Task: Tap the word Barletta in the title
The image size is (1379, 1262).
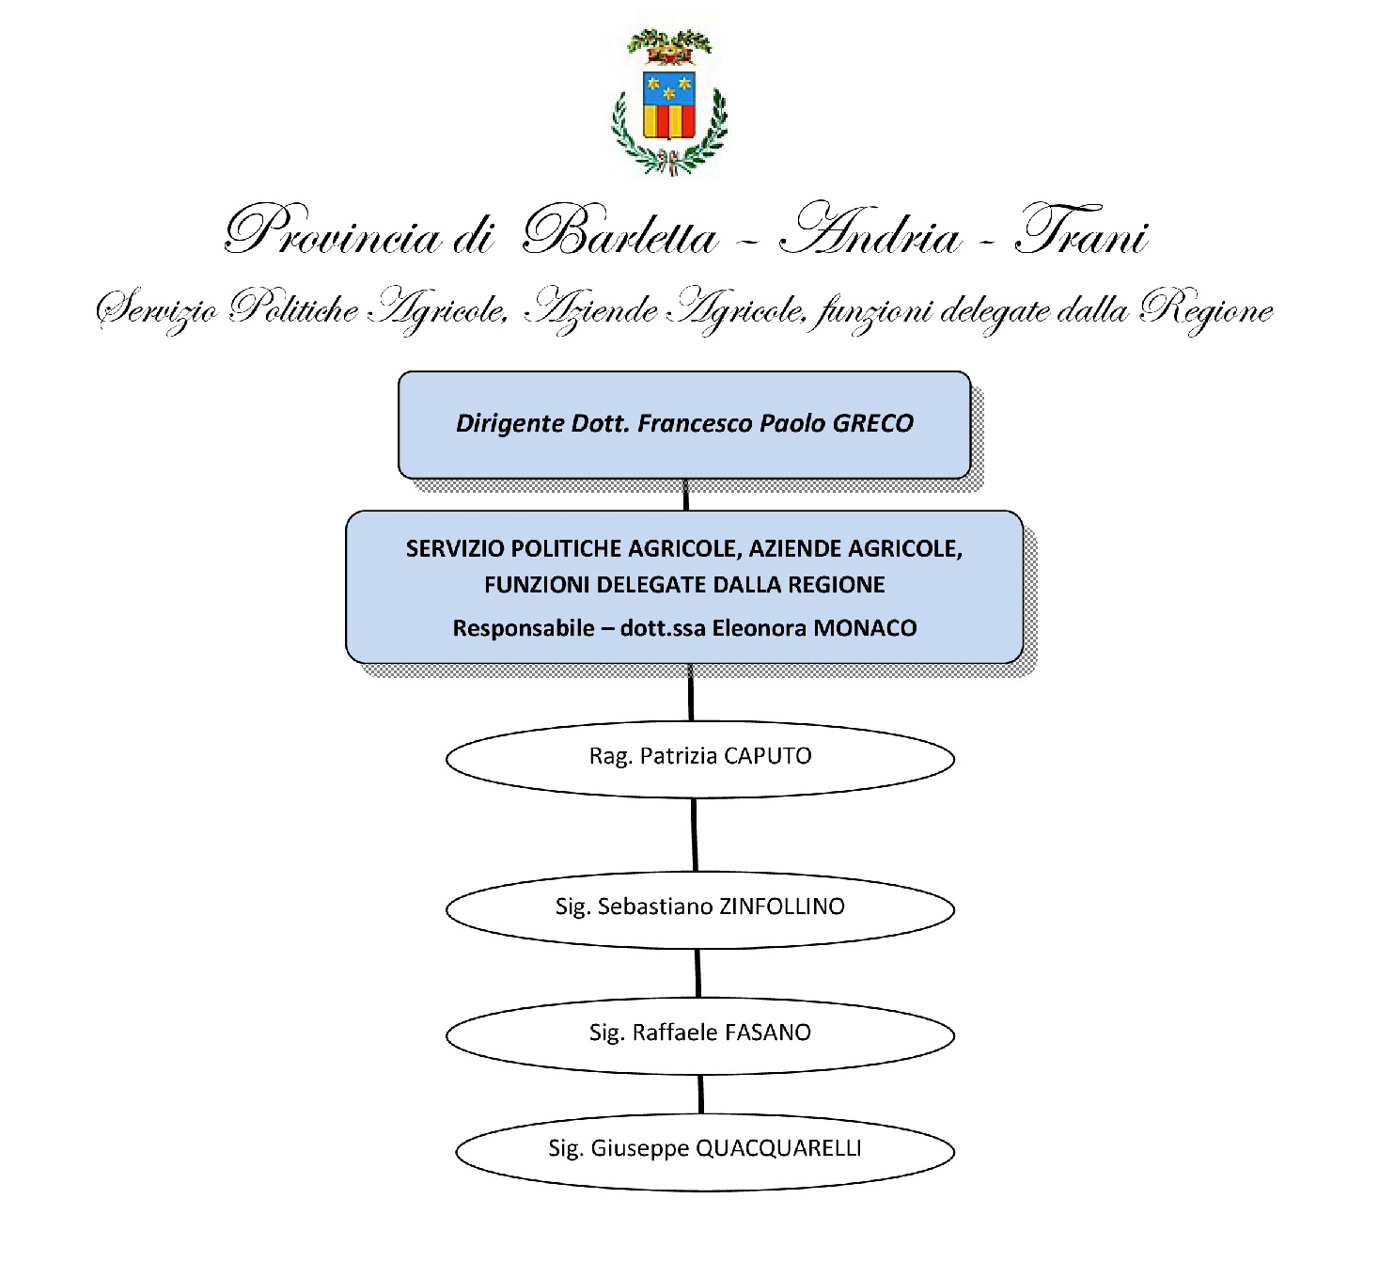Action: click(619, 231)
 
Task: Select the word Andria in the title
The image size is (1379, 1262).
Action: click(869, 230)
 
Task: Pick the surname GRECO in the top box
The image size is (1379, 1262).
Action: click(873, 423)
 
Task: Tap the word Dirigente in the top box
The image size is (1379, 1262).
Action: click(510, 424)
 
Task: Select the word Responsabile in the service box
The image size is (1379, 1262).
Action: click(524, 628)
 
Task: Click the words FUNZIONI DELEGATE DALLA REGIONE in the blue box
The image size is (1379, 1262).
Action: click(684, 585)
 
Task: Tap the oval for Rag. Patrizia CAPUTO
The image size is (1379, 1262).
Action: click(699, 759)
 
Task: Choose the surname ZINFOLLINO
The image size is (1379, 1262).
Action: click(781, 907)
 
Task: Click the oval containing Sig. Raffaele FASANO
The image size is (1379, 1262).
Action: click(699, 1035)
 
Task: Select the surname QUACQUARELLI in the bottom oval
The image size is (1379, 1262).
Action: click(779, 1148)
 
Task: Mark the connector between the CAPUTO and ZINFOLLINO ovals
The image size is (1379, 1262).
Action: click(695, 835)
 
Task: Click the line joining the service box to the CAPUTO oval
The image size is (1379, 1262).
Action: click(691, 692)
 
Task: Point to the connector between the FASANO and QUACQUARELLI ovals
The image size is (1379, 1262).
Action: click(700, 1095)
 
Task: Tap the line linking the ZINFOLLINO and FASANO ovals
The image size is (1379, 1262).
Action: click(697, 973)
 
